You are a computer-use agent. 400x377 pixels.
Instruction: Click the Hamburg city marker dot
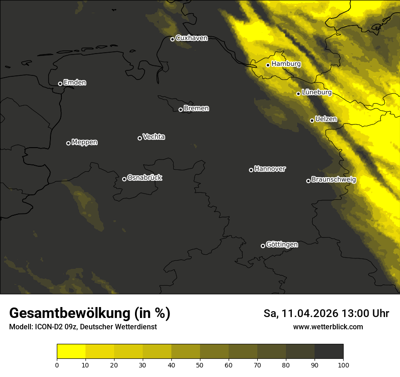pyautogui.click(x=268, y=65)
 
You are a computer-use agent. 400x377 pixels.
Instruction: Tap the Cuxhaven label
pyautogui.click(x=191, y=38)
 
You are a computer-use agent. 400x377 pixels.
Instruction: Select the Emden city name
pyautogui.click(x=75, y=83)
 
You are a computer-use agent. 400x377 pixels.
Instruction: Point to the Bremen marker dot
pyautogui.click(x=180, y=109)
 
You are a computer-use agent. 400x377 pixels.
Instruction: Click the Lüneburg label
pyautogui.click(x=316, y=92)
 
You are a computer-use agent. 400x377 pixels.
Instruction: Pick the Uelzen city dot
pyautogui.click(x=312, y=120)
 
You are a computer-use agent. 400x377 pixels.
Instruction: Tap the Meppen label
pyautogui.click(x=85, y=142)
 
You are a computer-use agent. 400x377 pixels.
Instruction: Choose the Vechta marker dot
pyautogui.click(x=140, y=138)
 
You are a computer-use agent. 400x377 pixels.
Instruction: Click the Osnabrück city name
pyautogui.click(x=145, y=178)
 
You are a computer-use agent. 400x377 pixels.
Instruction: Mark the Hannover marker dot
pyautogui.click(x=251, y=170)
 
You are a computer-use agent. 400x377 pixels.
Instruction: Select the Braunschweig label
pyautogui.click(x=334, y=179)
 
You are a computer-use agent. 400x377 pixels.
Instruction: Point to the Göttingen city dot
pyautogui.click(x=263, y=246)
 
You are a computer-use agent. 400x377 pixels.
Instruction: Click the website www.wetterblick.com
pyautogui.click(x=328, y=327)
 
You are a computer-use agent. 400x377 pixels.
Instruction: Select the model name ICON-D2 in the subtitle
pyautogui.click(x=46, y=327)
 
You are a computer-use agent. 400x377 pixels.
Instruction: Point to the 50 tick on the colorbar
pyautogui.click(x=200, y=364)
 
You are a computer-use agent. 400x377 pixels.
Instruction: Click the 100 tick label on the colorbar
pyautogui.click(x=343, y=364)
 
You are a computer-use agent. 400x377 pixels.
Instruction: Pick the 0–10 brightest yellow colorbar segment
pyautogui.click(x=71, y=352)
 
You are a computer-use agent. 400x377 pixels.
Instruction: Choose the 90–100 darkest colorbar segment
pyautogui.click(x=329, y=352)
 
